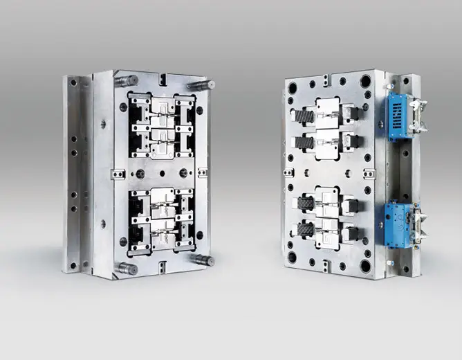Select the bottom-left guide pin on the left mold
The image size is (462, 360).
coord(126,268)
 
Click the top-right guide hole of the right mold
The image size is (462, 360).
coord(365,82)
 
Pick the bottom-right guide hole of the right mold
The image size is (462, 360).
coord(365,266)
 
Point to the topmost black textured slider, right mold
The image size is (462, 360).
coord(304,116)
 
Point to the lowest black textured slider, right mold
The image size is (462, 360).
coord(305,230)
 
